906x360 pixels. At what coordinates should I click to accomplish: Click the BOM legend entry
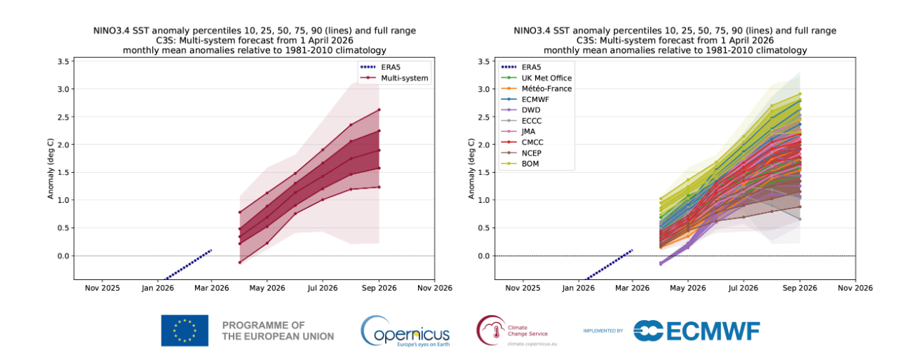[x=530, y=164]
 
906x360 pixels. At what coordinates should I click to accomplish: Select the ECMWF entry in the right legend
[x=534, y=99]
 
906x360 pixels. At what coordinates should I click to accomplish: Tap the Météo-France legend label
[x=547, y=89]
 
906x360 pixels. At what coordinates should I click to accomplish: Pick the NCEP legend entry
[x=531, y=154]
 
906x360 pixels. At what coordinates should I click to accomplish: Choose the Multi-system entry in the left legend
[x=404, y=78]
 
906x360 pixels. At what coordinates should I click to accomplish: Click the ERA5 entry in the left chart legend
[x=390, y=67]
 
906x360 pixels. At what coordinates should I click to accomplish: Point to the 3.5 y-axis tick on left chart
[x=64, y=61]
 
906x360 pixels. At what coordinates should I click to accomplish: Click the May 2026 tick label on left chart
[x=267, y=288]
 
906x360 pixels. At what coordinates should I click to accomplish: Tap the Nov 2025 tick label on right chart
[x=523, y=288]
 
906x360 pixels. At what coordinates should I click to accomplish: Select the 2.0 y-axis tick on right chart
[x=484, y=145]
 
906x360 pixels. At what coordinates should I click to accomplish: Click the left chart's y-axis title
[x=51, y=169]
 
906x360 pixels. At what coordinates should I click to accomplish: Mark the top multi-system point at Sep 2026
[x=379, y=109]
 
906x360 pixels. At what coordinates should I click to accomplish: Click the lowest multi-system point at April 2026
[x=240, y=263]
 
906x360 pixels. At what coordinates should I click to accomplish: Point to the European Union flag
[x=185, y=331]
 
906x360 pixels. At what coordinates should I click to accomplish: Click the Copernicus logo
[x=405, y=331]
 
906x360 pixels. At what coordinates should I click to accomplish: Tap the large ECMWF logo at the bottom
[x=697, y=331]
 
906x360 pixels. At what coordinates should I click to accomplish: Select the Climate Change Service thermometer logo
[x=492, y=330]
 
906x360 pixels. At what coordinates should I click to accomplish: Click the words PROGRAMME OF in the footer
[x=264, y=325]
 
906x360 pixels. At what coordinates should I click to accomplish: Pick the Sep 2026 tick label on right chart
[x=800, y=288]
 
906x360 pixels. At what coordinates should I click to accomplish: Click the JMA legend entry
[x=528, y=131]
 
